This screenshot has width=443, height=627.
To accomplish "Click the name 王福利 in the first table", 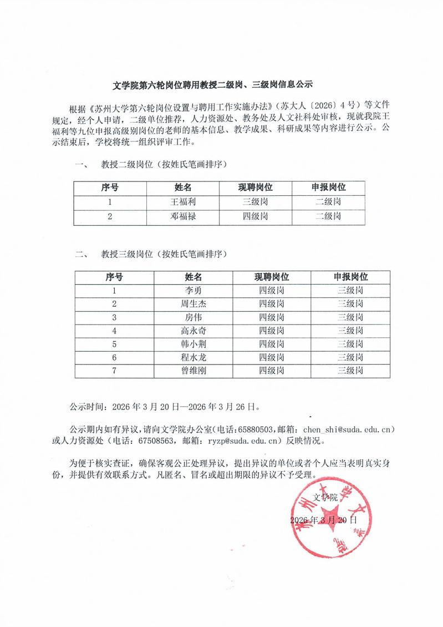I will pyautogui.click(x=183, y=202).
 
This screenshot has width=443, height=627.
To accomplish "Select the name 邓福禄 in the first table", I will pyautogui.click(x=183, y=216).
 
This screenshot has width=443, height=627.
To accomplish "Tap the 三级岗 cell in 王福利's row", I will pyautogui.click(x=256, y=202).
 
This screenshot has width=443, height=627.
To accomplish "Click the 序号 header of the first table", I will pyautogui.click(x=110, y=188).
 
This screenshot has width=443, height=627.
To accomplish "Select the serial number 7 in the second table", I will pyautogui.click(x=114, y=371).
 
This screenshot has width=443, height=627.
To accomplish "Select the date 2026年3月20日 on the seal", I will pyautogui.click(x=324, y=520).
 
